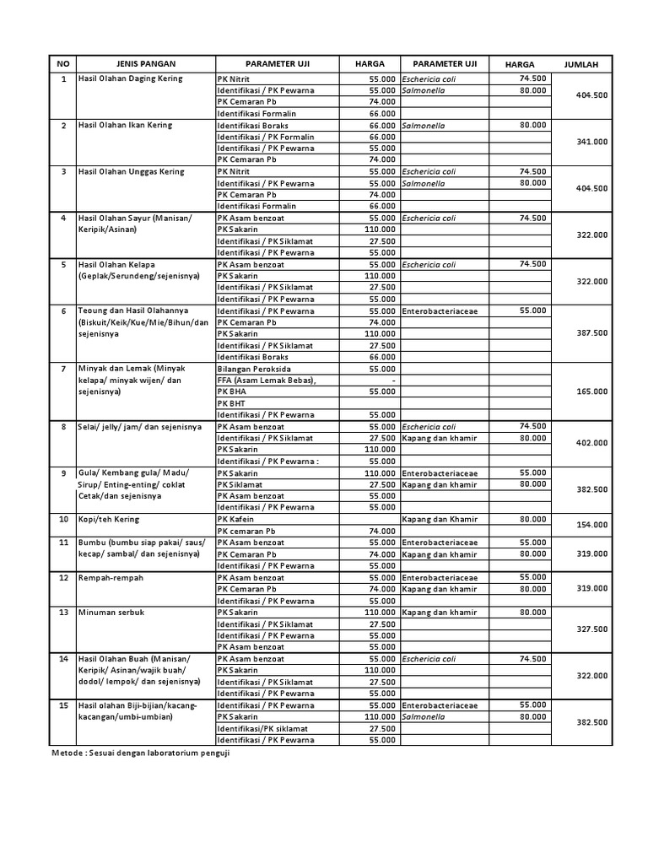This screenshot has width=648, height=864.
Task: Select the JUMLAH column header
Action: point(581,64)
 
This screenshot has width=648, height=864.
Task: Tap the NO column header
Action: point(62,64)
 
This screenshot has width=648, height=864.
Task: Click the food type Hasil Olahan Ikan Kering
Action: point(124,125)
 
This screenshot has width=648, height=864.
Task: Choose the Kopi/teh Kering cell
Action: point(108,519)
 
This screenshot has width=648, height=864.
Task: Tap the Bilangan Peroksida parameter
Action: point(255,369)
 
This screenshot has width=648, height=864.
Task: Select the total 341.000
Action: point(591,142)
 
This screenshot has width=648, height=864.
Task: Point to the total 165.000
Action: point(591,391)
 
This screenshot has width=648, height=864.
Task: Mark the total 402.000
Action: point(591,443)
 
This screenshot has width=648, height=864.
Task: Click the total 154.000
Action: point(591,525)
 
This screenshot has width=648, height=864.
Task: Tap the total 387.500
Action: point(591,333)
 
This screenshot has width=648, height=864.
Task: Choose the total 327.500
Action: point(591,629)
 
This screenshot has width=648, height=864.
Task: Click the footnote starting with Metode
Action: point(141,753)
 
